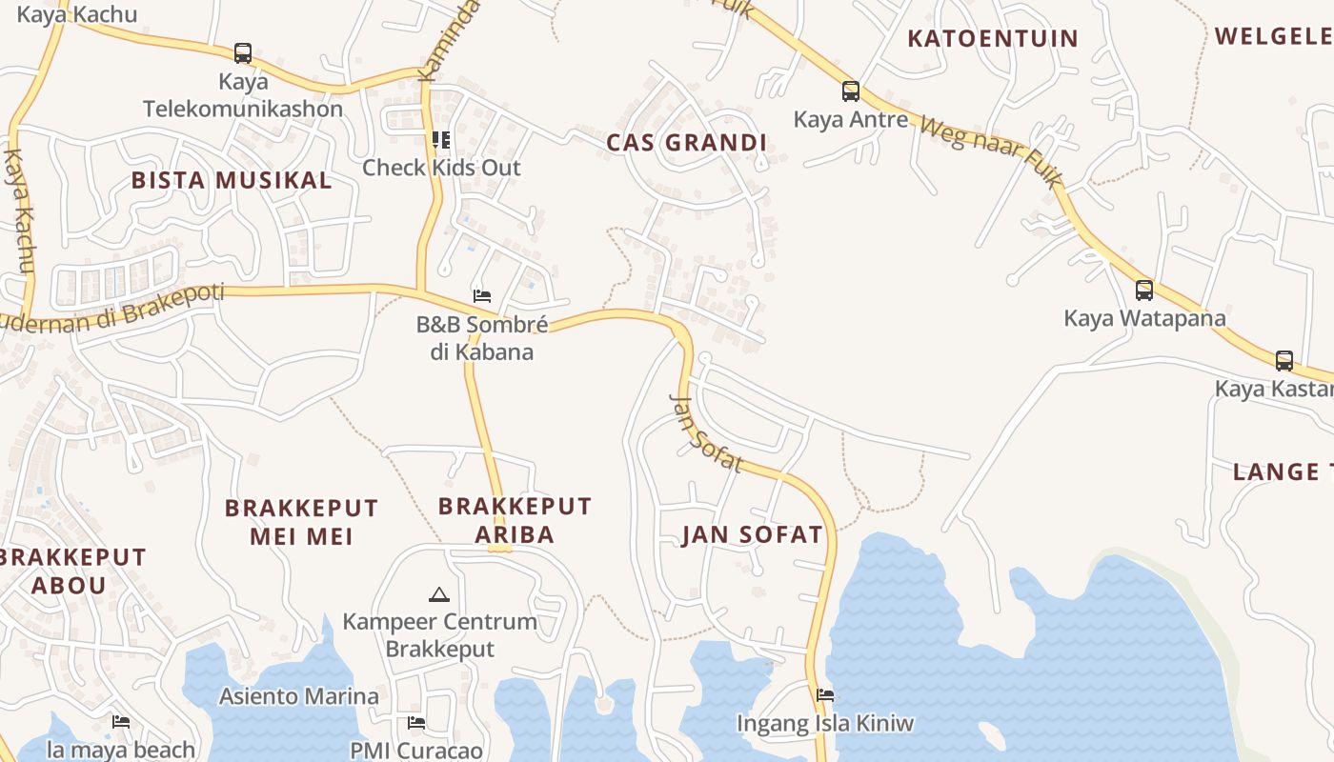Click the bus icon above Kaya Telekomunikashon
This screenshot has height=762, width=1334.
(x=243, y=52)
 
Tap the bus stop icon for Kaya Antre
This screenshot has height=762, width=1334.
(x=851, y=91)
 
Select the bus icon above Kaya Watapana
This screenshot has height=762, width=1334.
(x=1144, y=290)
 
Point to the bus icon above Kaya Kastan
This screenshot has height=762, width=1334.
(x=1284, y=361)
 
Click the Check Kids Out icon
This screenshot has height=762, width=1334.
(x=441, y=140)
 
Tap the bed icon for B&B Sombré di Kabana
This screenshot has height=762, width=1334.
(x=482, y=296)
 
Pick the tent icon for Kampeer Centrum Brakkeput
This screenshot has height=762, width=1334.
(x=438, y=595)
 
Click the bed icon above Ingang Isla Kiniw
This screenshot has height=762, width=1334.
(x=825, y=695)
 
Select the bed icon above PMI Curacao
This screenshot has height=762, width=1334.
(x=415, y=723)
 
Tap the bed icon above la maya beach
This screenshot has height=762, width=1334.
(x=121, y=722)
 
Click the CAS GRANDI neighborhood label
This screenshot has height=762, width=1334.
(x=687, y=143)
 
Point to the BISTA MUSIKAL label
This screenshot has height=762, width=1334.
(x=232, y=180)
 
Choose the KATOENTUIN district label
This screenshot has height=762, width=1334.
(x=993, y=39)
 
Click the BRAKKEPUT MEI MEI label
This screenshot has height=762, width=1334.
(x=301, y=522)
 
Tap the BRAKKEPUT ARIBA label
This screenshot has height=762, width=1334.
(x=515, y=519)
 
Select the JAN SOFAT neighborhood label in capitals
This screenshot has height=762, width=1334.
(x=752, y=534)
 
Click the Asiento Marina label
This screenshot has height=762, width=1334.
(x=299, y=696)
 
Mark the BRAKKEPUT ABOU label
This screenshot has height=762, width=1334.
(x=71, y=571)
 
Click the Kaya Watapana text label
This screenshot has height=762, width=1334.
(x=1144, y=318)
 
